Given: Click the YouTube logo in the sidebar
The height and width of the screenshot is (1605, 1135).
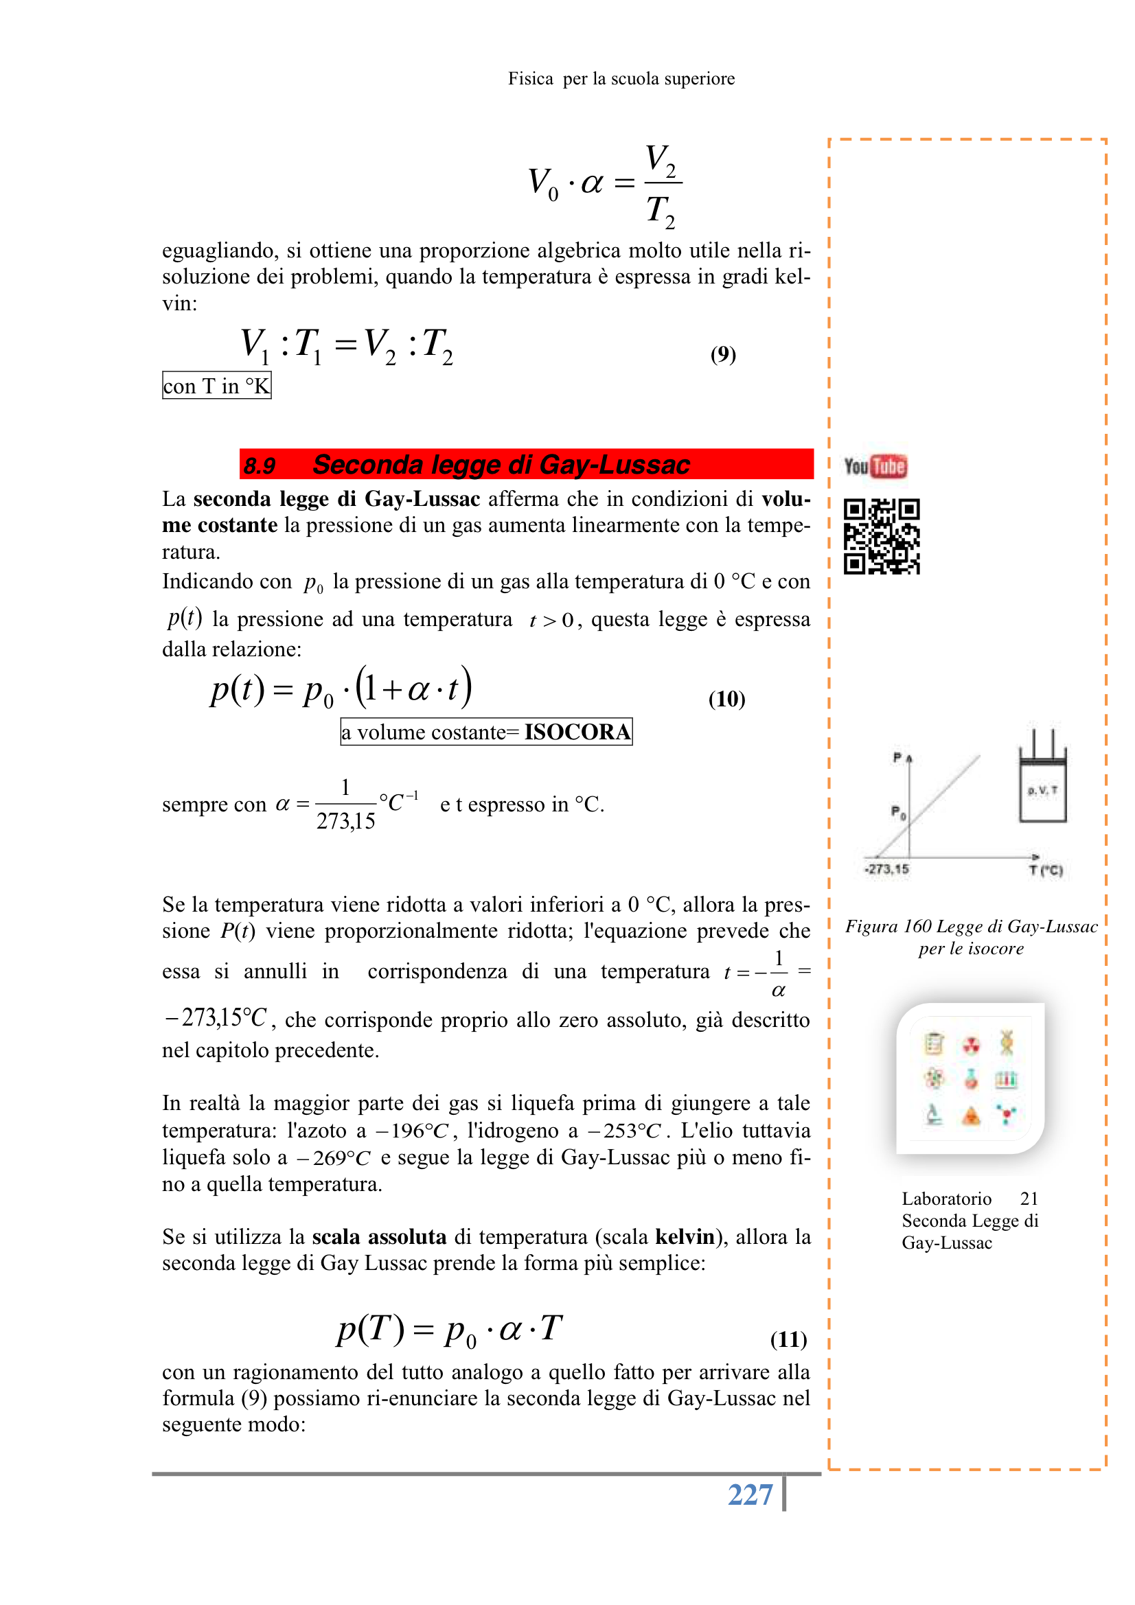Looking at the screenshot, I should click(875, 466).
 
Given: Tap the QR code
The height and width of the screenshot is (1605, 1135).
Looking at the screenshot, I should click(881, 536).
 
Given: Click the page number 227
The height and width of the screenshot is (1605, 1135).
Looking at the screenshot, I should click(750, 1494).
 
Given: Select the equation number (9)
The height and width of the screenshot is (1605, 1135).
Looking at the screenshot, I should click(723, 354).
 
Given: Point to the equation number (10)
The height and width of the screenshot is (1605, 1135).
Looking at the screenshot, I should click(726, 698).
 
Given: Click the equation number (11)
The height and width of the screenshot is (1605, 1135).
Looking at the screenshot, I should click(788, 1339).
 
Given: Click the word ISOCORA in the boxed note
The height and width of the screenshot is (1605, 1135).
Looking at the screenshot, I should click(577, 732).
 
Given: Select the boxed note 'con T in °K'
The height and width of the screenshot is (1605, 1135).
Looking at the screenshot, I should click(217, 386).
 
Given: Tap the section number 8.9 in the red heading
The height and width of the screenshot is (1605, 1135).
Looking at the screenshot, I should click(260, 465).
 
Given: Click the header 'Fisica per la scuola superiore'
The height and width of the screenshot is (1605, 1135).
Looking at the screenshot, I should click(621, 79).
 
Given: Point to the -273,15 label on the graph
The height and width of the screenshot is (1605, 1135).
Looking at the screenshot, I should click(886, 869).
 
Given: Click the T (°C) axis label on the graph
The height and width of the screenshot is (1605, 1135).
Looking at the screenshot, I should click(1046, 870).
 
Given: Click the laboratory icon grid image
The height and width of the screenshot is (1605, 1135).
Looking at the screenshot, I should click(971, 1078).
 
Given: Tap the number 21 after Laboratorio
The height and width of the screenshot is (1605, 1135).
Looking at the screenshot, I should click(1029, 1199).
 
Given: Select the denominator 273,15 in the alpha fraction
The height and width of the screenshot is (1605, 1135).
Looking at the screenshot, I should click(345, 820).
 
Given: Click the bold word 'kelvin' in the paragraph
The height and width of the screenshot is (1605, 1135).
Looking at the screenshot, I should click(684, 1236).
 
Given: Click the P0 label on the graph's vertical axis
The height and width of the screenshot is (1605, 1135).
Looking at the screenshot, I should click(899, 812).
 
